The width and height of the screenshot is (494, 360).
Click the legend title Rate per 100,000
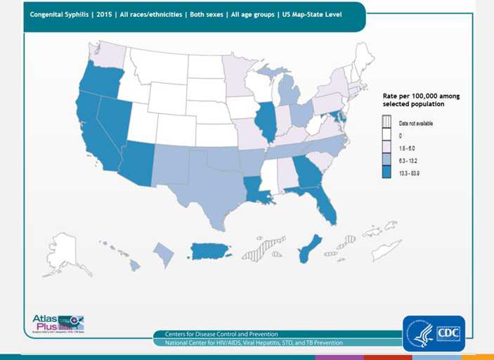coord(420,99)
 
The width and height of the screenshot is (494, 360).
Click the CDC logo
coord(433,333)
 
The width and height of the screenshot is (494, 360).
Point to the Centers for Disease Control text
coord(221,334)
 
